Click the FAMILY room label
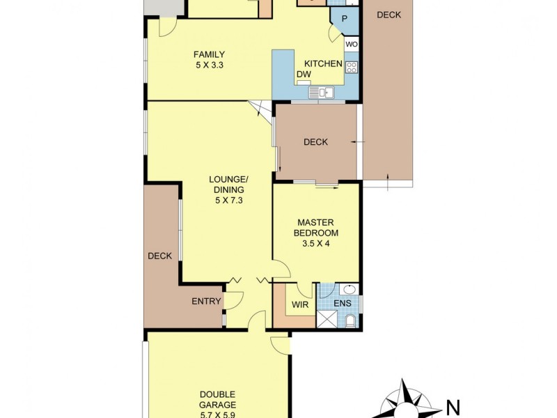[x=209, y=55]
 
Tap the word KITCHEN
[x=323, y=64]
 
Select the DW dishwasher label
[x=304, y=75]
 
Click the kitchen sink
[x=323, y=91]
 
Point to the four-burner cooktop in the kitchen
[x=352, y=68]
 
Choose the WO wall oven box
[x=352, y=45]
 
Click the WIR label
[x=300, y=304]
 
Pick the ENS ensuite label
[x=343, y=304]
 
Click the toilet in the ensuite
[x=350, y=320]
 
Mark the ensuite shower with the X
[x=326, y=320]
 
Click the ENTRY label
[x=206, y=302]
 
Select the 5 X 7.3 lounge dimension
[x=228, y=201]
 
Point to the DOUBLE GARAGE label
[x=218, y=398]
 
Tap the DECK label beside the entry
[x=159, y=256]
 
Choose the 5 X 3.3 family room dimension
[x=209, y=66]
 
